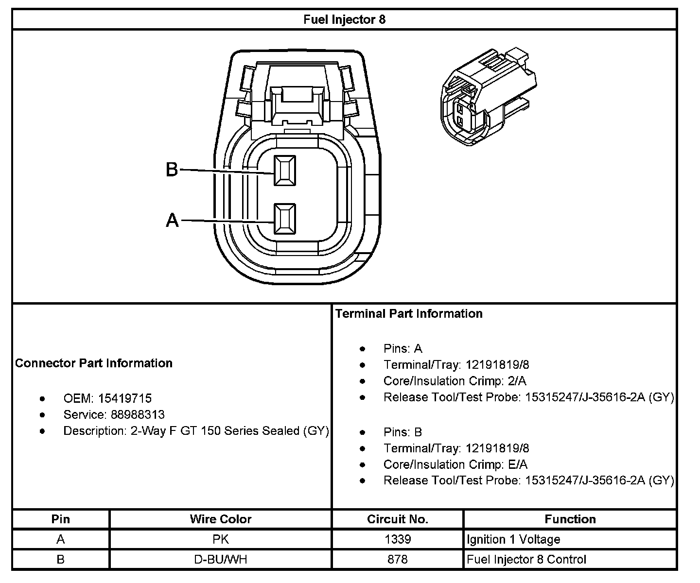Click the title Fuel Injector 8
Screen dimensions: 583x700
[x=344, y=19]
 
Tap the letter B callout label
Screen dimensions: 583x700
[x=172, y=170]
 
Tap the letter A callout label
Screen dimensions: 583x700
[x=172, y=221]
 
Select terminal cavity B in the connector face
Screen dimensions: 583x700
[x=284, y=171]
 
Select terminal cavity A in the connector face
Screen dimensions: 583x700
[x=284, y=219]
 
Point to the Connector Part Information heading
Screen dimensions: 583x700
[x=94, y=363]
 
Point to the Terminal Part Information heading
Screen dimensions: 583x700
[x=409, y=313]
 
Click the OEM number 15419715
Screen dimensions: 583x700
[x=125, y=398]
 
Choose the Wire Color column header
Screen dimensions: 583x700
[x=221, y=519]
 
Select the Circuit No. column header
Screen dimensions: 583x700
[x=398, y=519]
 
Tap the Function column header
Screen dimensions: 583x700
[x=570, y=519]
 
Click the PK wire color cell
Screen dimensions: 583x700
[x=221, y=539]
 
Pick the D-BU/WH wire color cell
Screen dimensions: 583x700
[x=221, y=559]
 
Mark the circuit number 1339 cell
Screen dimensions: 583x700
[x=398, y=539]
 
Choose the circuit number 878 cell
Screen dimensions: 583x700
[x=398, y=559]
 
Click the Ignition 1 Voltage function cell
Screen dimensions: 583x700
[x=513, y=539]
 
